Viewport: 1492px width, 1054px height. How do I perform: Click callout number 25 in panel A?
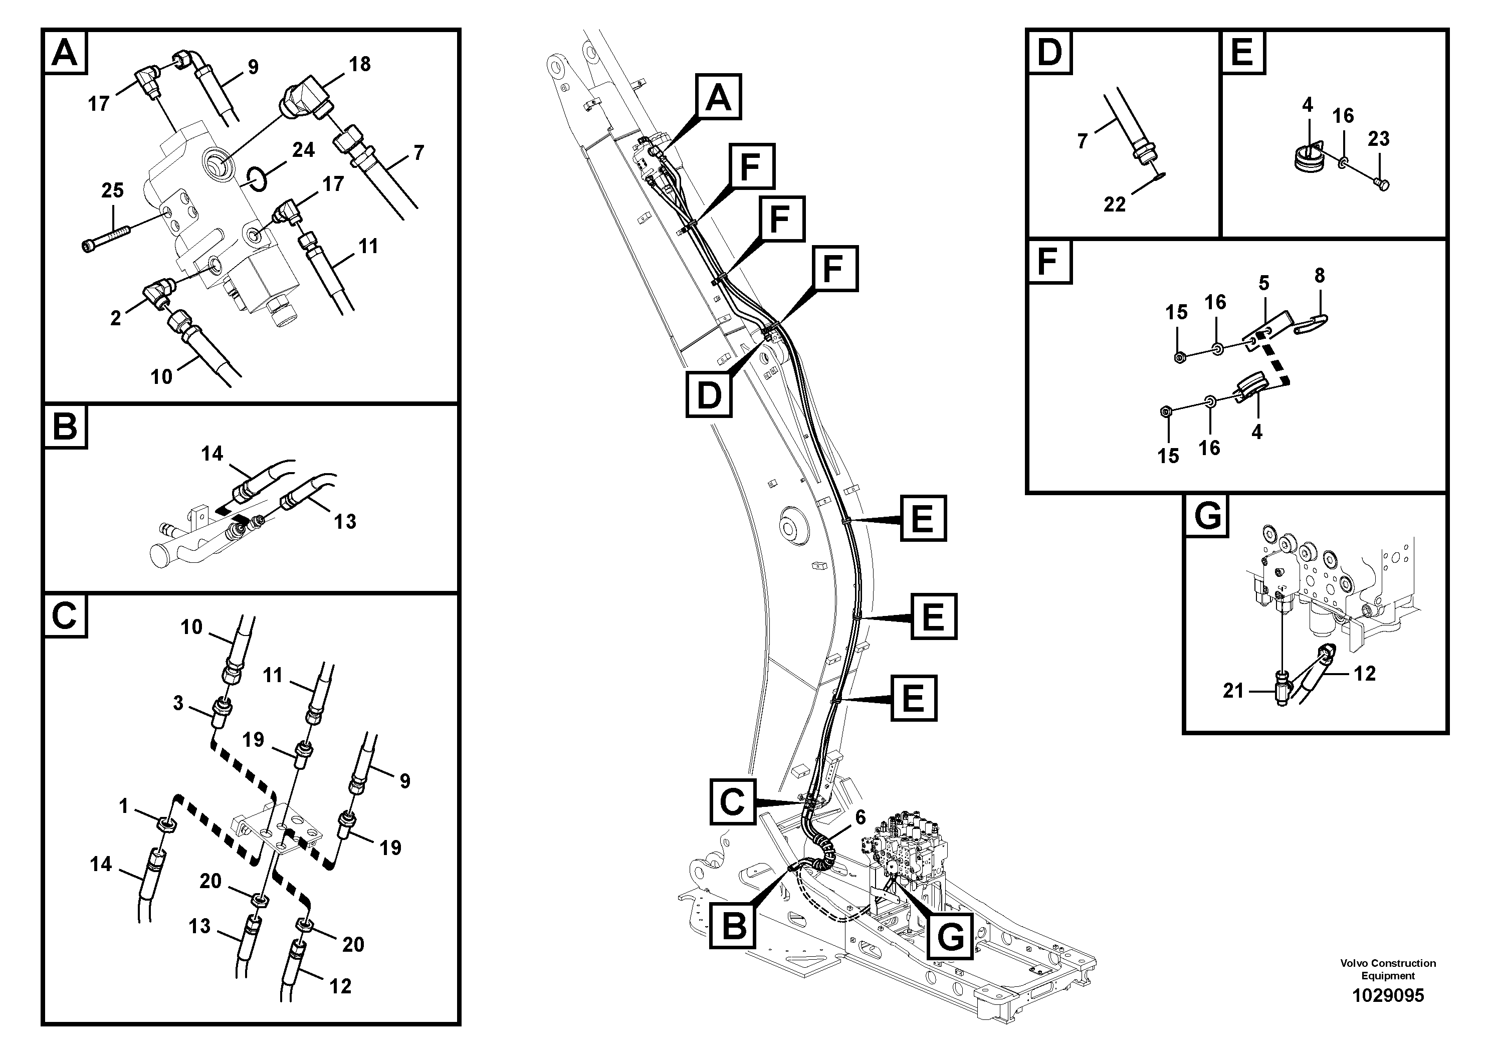click(112, 190)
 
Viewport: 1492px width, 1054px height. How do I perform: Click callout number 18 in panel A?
click(359, 64)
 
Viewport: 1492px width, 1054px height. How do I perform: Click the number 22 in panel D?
click(1115, 204)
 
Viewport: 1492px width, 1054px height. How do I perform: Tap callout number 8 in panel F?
click(1319, 276)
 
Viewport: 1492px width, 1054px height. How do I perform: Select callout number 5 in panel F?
click(1263, 283)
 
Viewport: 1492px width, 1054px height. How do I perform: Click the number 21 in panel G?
click(1233, 691)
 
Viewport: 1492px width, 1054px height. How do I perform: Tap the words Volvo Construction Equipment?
click(1388, 969)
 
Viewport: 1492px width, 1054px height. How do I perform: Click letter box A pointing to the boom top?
click(718, 97)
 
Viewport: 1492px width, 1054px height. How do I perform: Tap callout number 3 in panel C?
click(178, 703)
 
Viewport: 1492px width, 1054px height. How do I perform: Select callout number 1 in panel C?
click(123, 806)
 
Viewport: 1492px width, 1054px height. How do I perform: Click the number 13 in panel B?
click(345, 521)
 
